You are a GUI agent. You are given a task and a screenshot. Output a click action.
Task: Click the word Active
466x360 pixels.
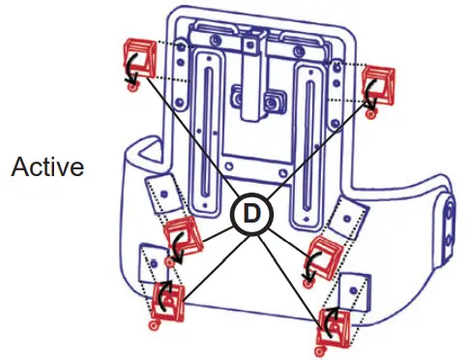tap(47, 166)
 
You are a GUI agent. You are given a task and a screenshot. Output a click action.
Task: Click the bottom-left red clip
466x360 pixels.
tap(166, 301)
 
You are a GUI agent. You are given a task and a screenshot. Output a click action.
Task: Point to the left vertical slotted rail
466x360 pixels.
tap(207, 126)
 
